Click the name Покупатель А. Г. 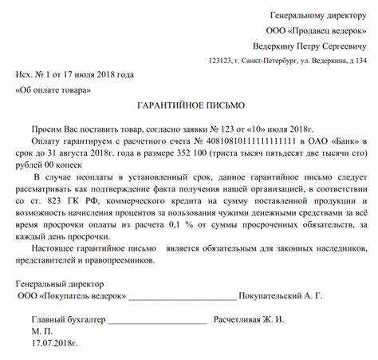point(280,295)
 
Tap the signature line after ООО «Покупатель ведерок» point(183,297)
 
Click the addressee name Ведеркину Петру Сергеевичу point(309,45)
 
